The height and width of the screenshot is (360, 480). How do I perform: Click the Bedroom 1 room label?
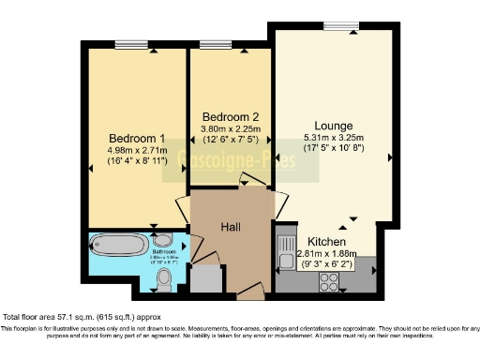click(x=130, y=134)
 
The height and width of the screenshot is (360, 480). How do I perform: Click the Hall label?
click(x=232, y=227)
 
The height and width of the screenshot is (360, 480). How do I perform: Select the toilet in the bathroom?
click(x=164, y=278)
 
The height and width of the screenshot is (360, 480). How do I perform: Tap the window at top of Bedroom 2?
click(x=216, y=42)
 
